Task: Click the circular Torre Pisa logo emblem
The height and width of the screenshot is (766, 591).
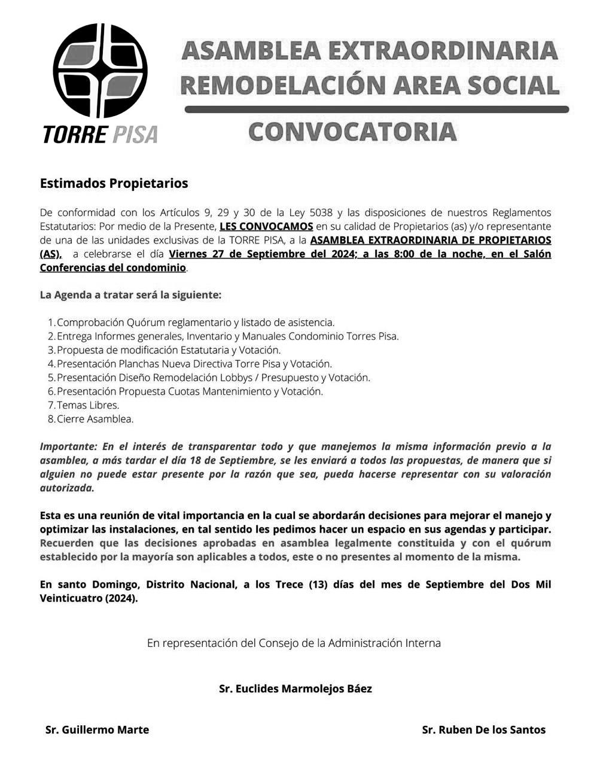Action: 100,71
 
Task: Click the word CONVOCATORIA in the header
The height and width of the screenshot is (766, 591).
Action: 352,132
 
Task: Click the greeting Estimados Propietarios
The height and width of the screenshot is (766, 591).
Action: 114,183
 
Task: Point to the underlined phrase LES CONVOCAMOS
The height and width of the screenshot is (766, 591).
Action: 266,226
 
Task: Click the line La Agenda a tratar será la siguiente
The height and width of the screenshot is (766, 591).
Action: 130,295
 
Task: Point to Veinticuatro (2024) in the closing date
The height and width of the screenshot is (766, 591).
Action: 89,598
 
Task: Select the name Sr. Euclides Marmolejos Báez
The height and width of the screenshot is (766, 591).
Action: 295,689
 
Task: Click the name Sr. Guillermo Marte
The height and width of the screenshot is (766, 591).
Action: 97,729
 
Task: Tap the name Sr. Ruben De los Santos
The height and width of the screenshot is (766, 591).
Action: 483,729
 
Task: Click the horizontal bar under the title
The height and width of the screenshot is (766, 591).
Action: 376,110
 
